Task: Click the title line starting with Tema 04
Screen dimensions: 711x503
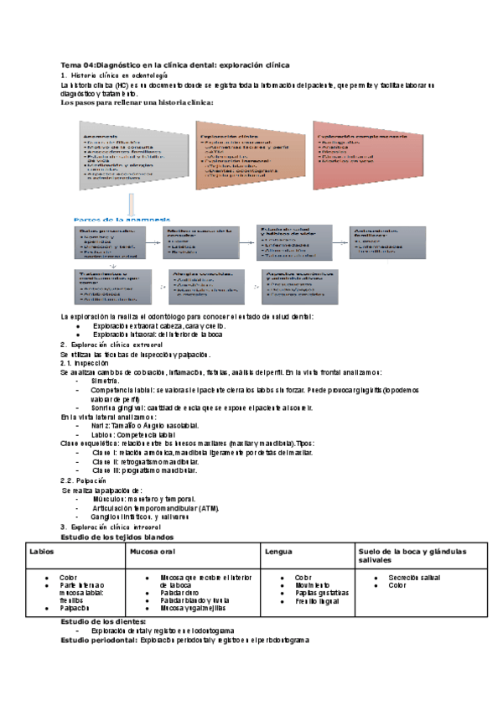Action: click(175, 65)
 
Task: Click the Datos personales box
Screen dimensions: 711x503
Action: click(110, 243)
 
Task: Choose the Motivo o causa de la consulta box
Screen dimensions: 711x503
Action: click(200, 243)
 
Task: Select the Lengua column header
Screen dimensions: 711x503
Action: click(279, 552)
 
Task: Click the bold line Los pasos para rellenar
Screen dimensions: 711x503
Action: click(138, 103)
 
